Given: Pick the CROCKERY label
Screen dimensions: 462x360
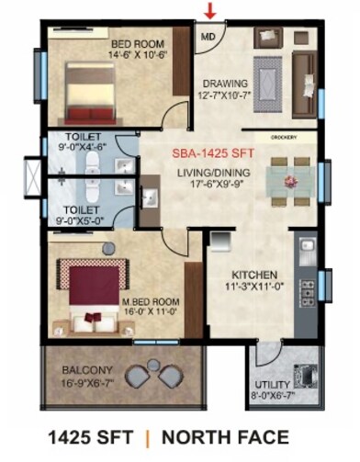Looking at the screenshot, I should (x=282, y=139).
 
